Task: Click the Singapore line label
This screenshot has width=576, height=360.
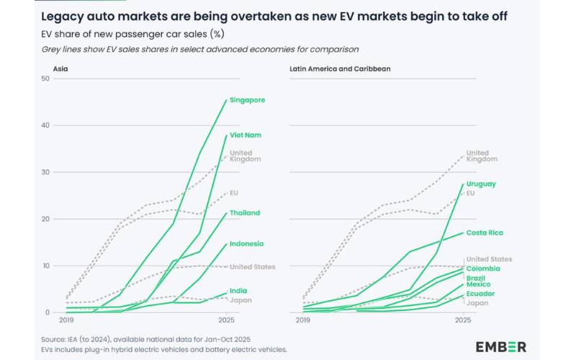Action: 247,101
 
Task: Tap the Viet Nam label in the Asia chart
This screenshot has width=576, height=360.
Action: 245,135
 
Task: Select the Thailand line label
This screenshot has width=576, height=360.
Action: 246,213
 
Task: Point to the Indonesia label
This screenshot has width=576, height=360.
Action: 247,244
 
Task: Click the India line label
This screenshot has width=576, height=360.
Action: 239,291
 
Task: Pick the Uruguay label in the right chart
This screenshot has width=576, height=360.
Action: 482,184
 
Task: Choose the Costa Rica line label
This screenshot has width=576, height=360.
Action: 485,233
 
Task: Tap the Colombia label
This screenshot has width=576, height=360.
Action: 482,269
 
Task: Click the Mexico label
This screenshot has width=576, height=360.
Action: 478,285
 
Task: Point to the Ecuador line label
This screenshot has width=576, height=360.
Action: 480,294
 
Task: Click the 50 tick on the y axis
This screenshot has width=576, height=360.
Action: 45,78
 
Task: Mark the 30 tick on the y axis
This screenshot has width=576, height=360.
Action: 45,172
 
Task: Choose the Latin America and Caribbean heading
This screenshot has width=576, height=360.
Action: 332,69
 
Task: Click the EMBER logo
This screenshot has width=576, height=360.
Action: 500,346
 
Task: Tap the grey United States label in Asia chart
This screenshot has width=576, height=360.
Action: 253,267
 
